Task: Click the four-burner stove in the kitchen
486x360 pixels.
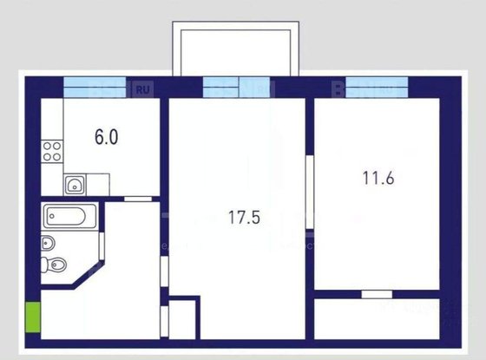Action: point(53,153)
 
